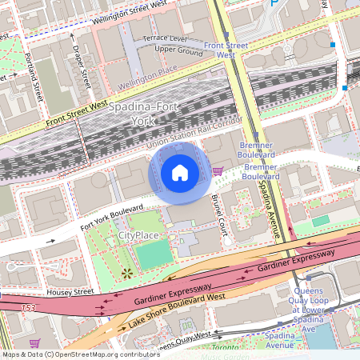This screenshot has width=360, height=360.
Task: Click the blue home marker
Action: [x=180, y=173]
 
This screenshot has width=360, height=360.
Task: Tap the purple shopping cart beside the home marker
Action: [x=218, y=170]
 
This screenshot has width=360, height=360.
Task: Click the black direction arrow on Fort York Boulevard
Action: [x=50, y=240]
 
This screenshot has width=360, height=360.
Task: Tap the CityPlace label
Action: [x=140, y=236]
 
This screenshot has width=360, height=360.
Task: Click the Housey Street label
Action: [x=70, y=292]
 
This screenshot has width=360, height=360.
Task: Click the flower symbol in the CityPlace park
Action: [x=126, y=274]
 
